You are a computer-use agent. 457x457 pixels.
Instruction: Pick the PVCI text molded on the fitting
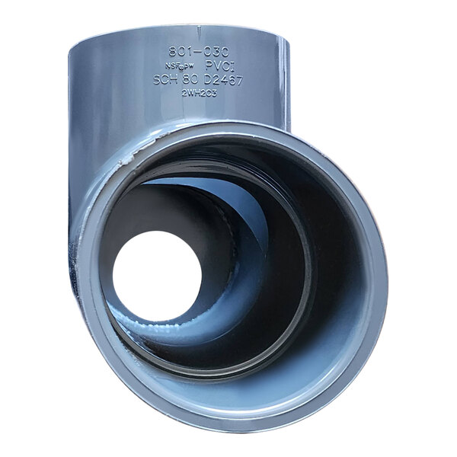click(222, 67)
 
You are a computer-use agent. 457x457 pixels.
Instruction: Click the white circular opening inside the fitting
click(157, 275)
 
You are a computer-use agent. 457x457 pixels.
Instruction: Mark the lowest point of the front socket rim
click(228, 431)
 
